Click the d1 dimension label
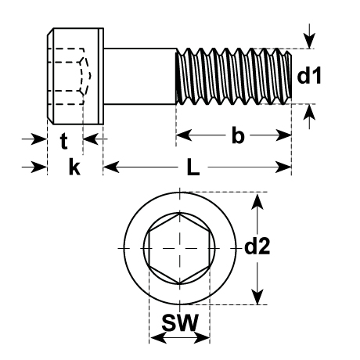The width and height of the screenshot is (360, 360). coord(309,75)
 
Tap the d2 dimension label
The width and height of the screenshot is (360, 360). coord(257,247)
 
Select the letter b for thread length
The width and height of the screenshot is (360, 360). coord(238,135)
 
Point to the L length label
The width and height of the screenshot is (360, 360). coord(193,167)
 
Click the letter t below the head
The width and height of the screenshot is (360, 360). coord(64,141)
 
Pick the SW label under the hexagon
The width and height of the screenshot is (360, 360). coord(180,322)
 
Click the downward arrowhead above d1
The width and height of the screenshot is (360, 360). coord(309,41)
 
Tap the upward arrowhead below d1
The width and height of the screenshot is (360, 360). coord(309,112)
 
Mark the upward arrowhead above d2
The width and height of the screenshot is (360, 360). coord(257,202)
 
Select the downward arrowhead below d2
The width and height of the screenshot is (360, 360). coord(257,296)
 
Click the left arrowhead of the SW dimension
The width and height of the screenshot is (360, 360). coord(158,338)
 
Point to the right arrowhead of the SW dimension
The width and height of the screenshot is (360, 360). coord(202,338)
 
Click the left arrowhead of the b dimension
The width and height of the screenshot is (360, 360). coord(184,135)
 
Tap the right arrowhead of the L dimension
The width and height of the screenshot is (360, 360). coord(283,167)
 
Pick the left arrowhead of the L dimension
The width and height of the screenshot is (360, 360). coord(111,167)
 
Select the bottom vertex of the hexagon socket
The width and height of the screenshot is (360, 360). coord(179,283)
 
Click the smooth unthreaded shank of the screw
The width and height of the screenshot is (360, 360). coord(140,76)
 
